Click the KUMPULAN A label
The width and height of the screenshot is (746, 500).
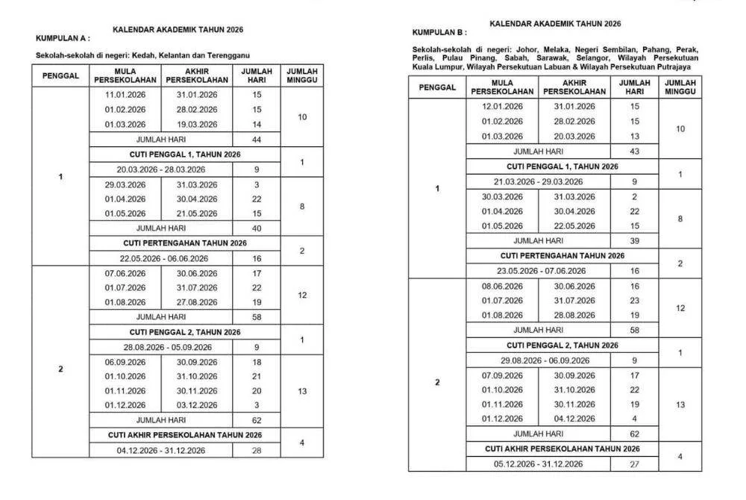pyautogui.click(x=63, y=37)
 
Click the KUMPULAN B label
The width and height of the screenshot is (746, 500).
pyautogui.click(x=439, y=33)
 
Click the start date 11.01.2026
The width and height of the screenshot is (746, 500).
pyautogui.click(x=125, y=95)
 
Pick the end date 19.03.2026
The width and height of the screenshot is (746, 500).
pyautogui.click(x=197, y=124)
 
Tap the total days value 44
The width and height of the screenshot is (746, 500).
pyautogui.click(x=257, y=140)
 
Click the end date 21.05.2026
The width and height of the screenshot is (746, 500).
pyautogui.click(x=197, y=213)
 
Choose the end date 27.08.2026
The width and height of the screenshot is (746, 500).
pyautogui.click(x=197, y=302)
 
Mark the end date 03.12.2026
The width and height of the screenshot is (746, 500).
pyautogui.click(x=197, y=405)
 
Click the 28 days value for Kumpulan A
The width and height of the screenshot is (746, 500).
pyautogui.click(x=257, y=450)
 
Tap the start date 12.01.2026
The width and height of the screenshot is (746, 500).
pyautogui.click(x=503, y=107)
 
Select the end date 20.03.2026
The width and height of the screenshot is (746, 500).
pyautogui.click(x=574, y=136)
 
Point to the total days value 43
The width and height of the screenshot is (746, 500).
pyautogui.click(x=635, y=151)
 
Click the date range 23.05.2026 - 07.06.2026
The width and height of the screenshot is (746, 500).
pyautogui.click(x=539, y=270)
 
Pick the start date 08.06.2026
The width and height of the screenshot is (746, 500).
pyautogui.click(x=503, y=286)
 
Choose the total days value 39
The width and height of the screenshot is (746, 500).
pyautogui.click(x=635, y=241)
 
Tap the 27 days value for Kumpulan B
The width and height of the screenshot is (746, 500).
pyautogui.click(x=635, y=463)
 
